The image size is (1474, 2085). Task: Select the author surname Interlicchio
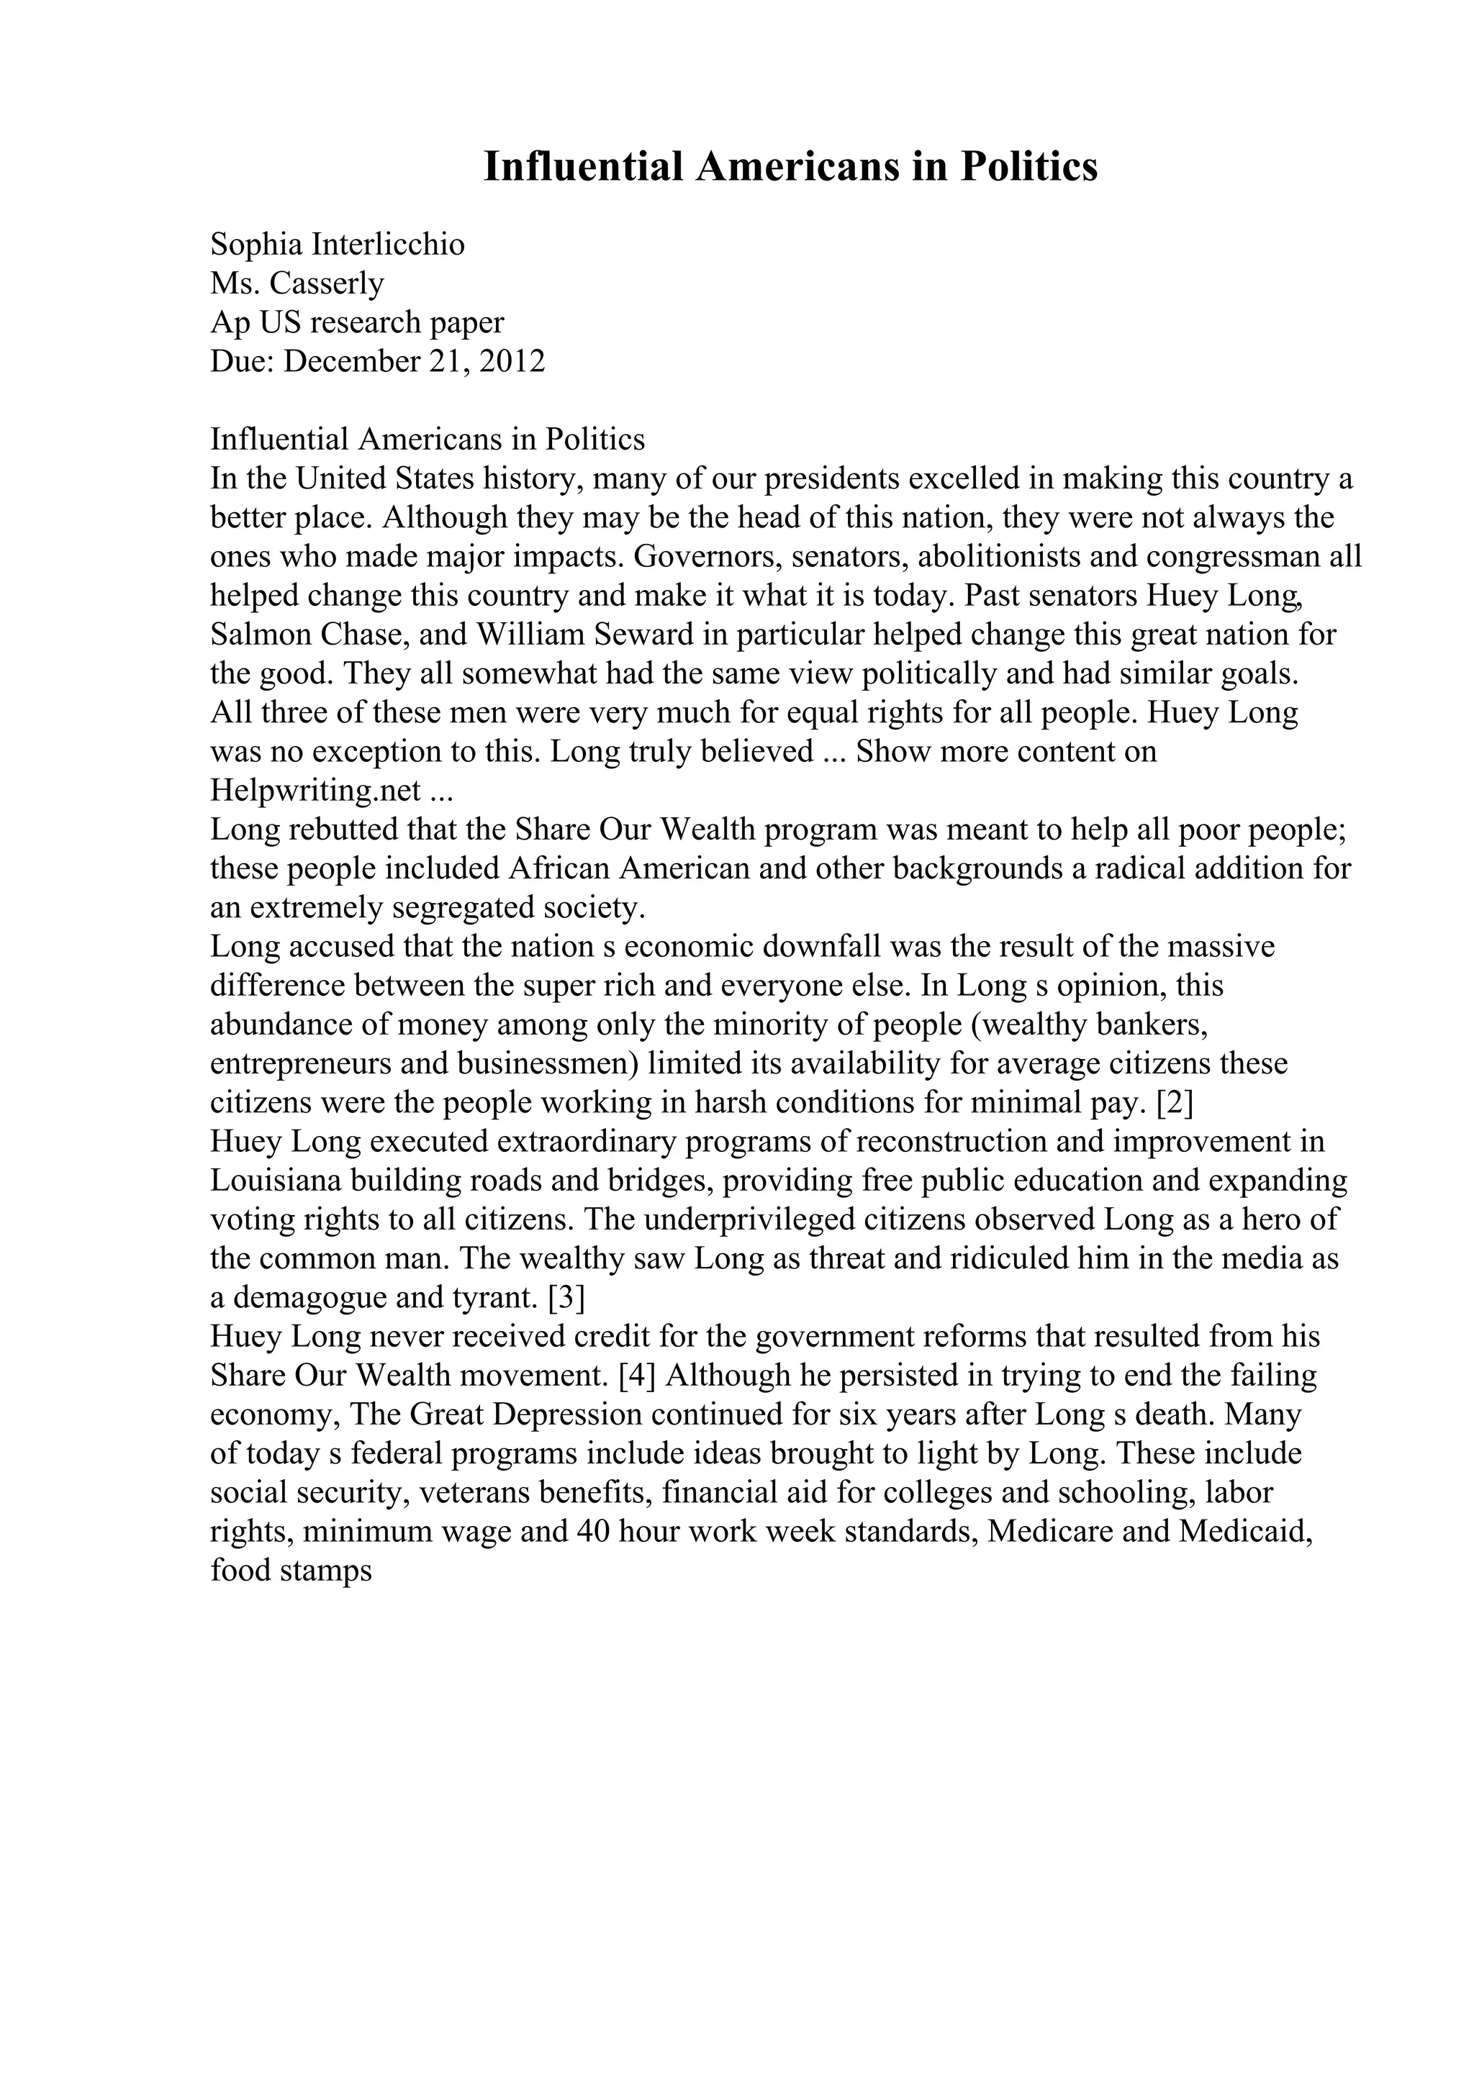pyautogui.click(x=388, y=245)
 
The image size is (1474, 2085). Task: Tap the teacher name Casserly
pyautogui.click(x=327, y=283)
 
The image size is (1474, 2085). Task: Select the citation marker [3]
pyautogui.click(x=566, y=1298)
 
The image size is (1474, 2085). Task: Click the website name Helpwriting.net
pyautogui.click(x=315, y=790)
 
